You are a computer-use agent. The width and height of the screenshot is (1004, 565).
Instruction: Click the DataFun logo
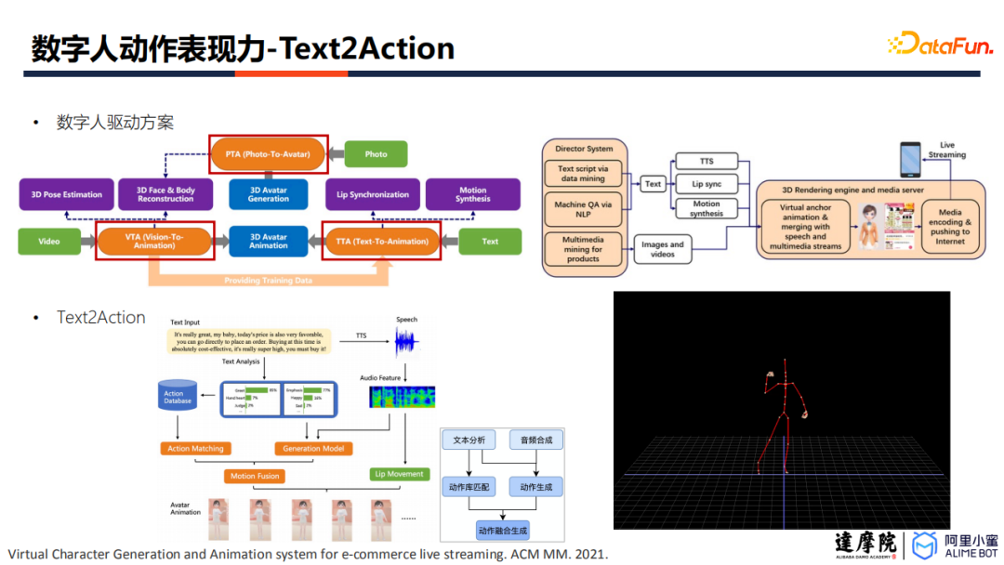940,43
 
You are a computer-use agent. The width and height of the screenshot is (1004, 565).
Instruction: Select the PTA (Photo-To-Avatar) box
268,153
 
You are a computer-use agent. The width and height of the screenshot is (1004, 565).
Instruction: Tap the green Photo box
376,154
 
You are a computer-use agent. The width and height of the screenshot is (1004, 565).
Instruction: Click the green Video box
49,242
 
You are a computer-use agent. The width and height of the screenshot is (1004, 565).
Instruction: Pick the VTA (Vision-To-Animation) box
154,242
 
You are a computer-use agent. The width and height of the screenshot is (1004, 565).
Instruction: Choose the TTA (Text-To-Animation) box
381,242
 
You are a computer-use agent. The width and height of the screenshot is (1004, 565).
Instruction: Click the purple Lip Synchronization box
372,194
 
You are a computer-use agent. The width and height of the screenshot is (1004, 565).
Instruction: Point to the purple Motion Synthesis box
473,194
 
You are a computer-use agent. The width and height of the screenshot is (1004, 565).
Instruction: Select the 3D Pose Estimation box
67,194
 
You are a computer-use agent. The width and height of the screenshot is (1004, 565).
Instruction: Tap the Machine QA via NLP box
583,210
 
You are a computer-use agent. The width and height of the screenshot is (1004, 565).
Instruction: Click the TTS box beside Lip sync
707,162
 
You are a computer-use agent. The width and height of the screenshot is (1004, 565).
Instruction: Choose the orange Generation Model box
314,449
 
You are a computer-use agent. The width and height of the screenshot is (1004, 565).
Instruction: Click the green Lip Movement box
399,474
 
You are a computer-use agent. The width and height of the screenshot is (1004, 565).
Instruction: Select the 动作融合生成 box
502,531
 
